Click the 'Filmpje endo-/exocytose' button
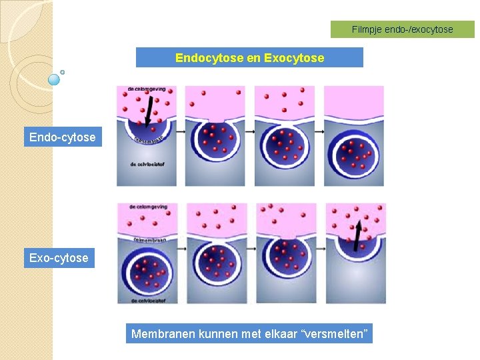(x=402, y=29)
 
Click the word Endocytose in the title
(x=209, y=58)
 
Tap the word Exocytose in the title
(x=294, y=58)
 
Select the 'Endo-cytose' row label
(x=62, y=138)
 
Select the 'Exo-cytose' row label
(x=59, y=258)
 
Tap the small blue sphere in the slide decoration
(x=55, y=79)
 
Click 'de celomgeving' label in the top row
(x=147, y=89)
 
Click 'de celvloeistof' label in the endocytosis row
(x=143, y=164)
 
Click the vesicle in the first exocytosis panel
(x=146, y=273)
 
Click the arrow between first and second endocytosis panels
(x=181, y=132)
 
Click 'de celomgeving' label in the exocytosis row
(x=148, y=207)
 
